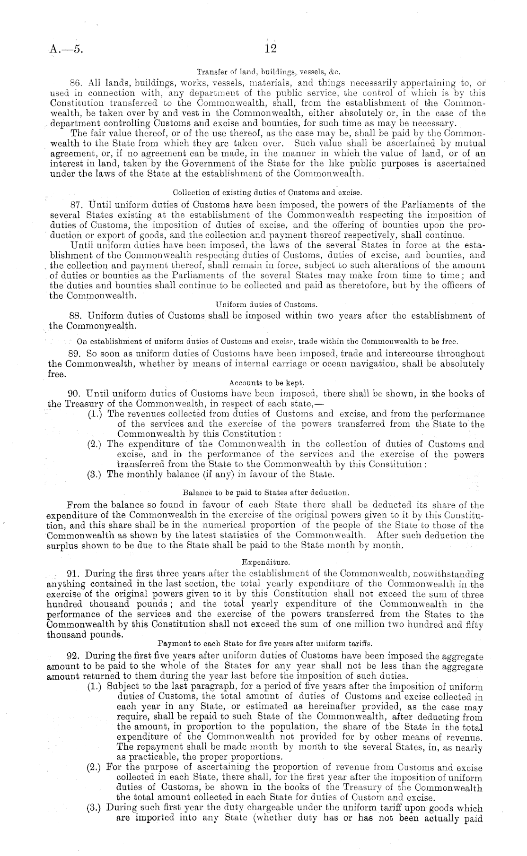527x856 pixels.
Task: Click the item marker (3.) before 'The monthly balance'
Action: (97, 474)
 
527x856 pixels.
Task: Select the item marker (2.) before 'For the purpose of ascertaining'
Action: (97, 767)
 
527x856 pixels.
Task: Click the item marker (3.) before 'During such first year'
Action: (97, 808)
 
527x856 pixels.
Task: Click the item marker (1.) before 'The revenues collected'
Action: (97, 414)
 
